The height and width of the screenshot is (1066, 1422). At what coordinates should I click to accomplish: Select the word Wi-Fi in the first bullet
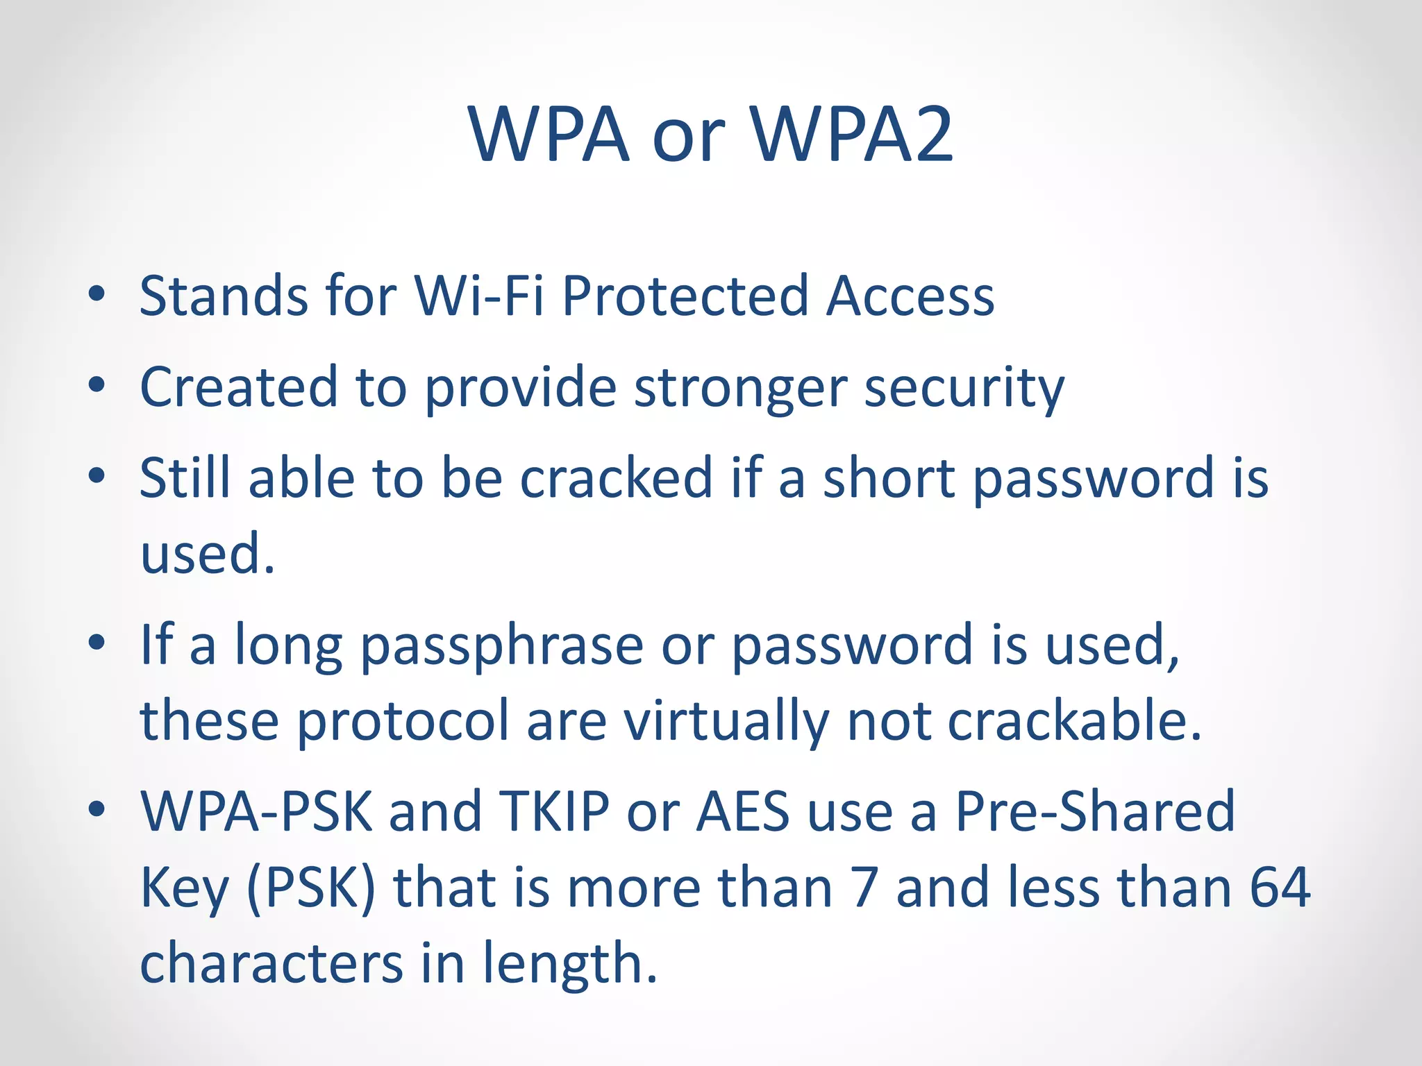click(x=479, y=296)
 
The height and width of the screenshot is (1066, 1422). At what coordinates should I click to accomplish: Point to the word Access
click(x=911, y=296)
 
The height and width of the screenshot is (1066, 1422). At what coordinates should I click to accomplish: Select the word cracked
click(x=617, y=478)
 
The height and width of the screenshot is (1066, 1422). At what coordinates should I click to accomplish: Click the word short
click(x=889, y=478)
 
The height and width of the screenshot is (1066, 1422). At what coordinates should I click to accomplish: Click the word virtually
click(x=726, y=722)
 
